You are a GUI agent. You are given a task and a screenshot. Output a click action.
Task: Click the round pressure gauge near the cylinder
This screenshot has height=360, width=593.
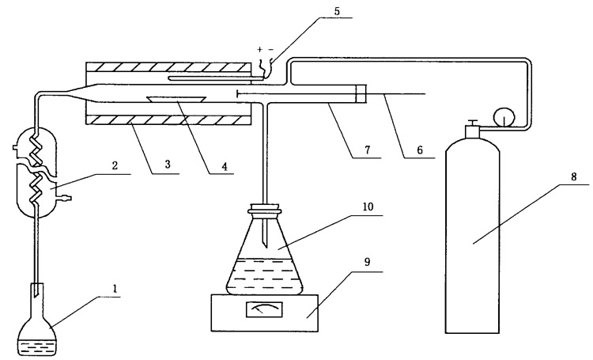500,116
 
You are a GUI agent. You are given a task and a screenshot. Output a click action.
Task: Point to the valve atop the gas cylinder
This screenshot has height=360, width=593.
472,127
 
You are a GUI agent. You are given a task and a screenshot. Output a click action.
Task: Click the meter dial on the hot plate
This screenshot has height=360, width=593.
259,310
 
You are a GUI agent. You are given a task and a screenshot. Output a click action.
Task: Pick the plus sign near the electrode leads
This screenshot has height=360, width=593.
259,49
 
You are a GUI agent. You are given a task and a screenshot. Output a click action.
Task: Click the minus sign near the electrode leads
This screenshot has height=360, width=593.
270,49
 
